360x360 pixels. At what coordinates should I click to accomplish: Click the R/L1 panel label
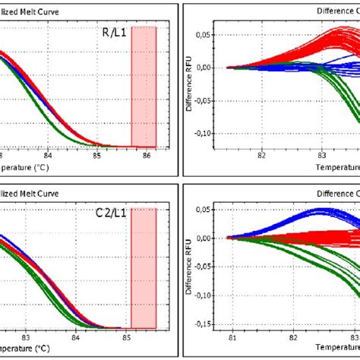click(x=113, y=33)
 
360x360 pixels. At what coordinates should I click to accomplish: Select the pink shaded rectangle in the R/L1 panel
click(x=144, y=86)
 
